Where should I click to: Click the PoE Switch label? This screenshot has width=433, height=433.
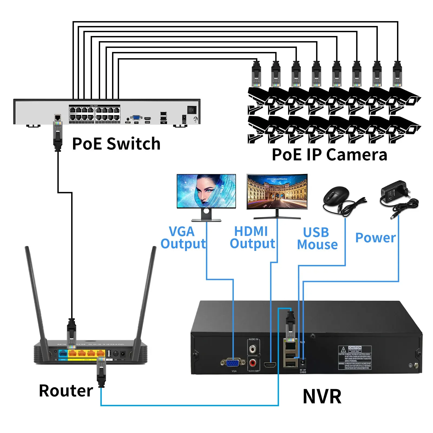[x=116, y=143]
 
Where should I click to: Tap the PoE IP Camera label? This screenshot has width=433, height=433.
[x=329, y=155]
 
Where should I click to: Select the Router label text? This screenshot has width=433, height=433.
[x=66, y=391]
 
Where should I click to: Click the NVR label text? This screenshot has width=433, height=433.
[x=322, y=396]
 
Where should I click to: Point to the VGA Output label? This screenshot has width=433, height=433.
[x=183, y=238]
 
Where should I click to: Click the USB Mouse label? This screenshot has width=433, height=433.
[x=317, y=238]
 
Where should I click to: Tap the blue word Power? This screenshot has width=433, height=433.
[x=375, y=238]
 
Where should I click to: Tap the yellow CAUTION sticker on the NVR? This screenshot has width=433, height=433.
[x=355, y=357]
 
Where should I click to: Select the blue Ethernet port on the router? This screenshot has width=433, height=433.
[x=63, y=353]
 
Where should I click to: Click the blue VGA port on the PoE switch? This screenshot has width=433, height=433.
[x=136, y=118]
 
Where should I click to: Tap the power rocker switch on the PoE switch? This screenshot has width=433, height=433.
[x=192, y=110]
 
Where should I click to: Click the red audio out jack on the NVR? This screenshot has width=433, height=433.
[x=253, y=362]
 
